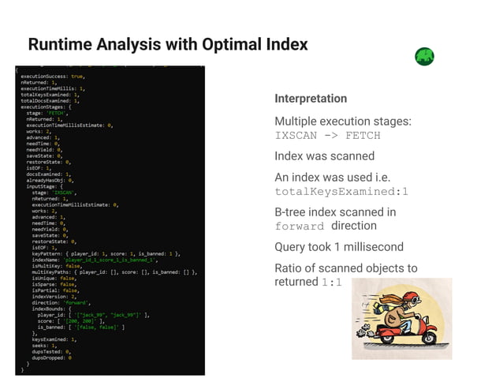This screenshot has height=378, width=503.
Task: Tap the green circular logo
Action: click(x=424, y=57)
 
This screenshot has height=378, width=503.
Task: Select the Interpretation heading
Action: click(x=310, y=99)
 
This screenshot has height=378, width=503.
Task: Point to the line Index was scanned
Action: click(x=324, y=156)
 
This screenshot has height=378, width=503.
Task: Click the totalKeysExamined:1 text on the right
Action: click(x=341, y=191)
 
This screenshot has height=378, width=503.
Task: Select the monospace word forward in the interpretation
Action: click(x=299, y=226)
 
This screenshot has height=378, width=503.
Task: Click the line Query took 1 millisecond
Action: click(x=338, y=246)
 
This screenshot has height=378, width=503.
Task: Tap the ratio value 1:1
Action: click(x=331, y=283)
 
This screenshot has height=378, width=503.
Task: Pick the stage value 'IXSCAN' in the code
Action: click(x=64, y=192)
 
